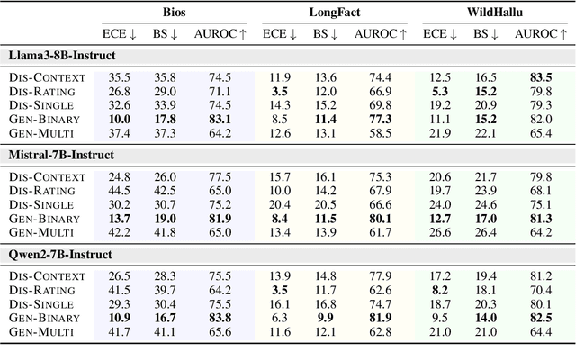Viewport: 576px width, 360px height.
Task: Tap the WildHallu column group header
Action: tap(490, 13)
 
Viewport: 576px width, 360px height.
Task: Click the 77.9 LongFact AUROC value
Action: tap(380, 274)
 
